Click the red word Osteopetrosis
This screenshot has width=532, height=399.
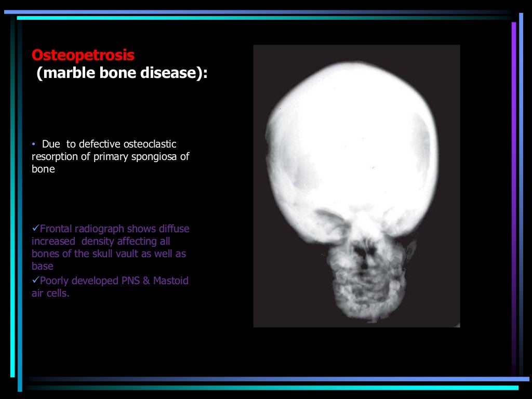pyautogui.click(x=83, y=55)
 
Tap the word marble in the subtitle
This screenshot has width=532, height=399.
pyautogui.click(x=64, y=73)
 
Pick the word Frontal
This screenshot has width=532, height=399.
pyautogui.click(x=56, y=229)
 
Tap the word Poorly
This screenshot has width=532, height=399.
pyautogui.click(x=54, y=281)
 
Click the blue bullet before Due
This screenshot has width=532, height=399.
pyautogui.click(x=33, y=144)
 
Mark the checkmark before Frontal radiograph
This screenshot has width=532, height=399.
pyautogui.click(x=35, y=229)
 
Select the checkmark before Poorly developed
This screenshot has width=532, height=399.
pyautogui.click(x=35, y=281)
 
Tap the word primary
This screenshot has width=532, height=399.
pyautogui.click(x=110, y=156)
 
